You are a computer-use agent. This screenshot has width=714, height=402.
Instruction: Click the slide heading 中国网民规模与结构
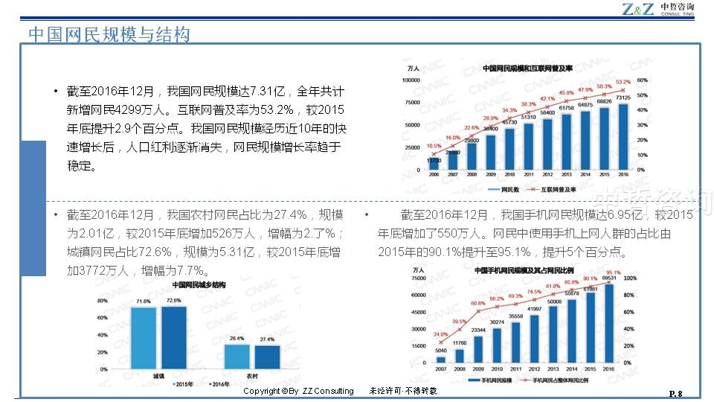(109, 34)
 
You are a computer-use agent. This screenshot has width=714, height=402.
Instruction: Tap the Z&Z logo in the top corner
(639, 10)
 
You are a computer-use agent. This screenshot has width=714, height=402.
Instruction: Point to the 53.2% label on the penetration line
(623, 82)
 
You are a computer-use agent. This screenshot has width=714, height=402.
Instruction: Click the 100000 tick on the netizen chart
(411, 80)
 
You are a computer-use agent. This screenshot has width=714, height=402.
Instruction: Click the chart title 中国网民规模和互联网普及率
(527, 68)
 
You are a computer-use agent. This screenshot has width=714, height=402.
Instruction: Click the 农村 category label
(253, 375)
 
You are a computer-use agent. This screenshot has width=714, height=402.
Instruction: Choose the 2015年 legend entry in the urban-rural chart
(181, 384)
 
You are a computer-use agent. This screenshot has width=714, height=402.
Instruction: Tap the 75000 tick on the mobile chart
(417, 278)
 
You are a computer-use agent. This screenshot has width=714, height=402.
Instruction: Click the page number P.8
(675, 392)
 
